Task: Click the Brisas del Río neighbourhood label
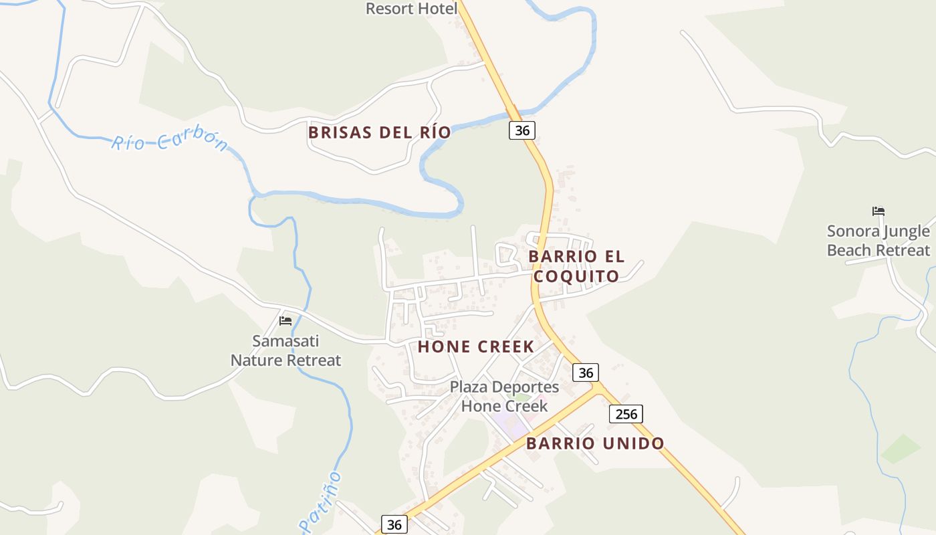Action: point(379,132)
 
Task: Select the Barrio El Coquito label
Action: point(576,266)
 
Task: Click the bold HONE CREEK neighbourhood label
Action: point(476,346)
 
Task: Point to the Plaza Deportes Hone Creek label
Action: point(504,396)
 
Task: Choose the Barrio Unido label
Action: point(595,443)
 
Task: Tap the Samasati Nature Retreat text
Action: point(285,350)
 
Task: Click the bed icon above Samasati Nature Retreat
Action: point(285,320)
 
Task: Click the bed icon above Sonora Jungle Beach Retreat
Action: point(879,211)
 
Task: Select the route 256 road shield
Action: point(626,414)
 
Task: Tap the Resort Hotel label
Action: point(411,9)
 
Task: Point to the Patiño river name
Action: point(321,502)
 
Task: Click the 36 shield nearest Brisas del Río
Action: point(522,130)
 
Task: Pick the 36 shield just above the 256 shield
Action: point(586,372)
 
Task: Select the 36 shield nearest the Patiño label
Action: point(394,524)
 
